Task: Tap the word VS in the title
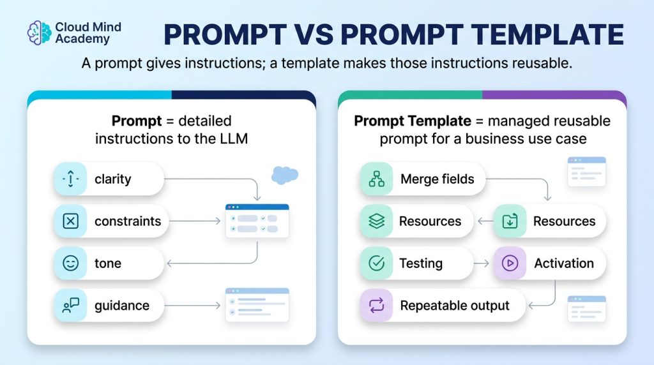[x=313, y=34]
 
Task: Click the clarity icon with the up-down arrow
[x=70, y=179]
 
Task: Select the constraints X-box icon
[x=70, y=221]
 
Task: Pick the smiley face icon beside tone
[x=70, y=264]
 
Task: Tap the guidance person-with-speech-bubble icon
[x=70, y=306]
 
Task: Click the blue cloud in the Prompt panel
[x=285, y=175]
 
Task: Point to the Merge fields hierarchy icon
[x=377, y=179]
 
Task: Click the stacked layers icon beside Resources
[x=377, y=221]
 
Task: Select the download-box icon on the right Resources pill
[x=510, y=221]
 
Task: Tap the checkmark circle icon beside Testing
[x=377, y=264]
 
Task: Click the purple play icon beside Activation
[x=510, y=264]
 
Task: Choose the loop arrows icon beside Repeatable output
[x=377, y=306]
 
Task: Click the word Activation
[x=564, y=264]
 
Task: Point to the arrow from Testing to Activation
[x=482, y=264]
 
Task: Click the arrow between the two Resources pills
[x=485, y=221]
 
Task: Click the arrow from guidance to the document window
[x=192, y=306]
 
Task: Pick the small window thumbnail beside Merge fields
[x=586, y=172]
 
